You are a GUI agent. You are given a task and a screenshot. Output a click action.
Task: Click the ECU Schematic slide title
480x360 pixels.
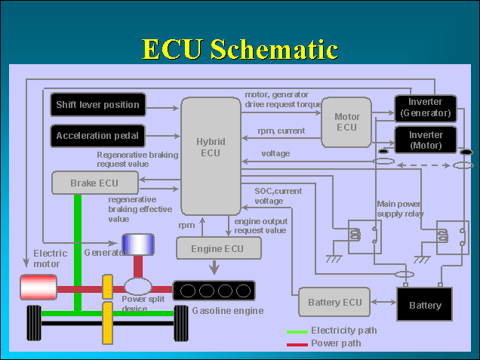[x=239, y=49]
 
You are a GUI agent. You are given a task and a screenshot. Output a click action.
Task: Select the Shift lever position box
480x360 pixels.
[x=97, y=105]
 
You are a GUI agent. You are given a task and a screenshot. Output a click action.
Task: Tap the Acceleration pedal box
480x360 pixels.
[x=97, y=136]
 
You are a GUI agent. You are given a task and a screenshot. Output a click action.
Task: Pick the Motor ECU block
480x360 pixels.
[x=346, y=122]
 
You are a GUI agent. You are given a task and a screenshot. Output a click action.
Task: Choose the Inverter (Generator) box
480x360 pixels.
[x=426, y=108]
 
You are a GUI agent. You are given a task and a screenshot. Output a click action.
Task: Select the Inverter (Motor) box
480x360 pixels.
[x=426, y=140]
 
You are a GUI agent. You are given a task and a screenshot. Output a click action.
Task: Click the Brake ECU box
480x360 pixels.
[x=94, y=183]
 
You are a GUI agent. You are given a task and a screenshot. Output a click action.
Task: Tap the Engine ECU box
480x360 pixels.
[x=219, y=248]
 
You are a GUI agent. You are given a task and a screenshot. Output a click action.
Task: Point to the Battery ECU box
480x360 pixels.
[x=335, y=303]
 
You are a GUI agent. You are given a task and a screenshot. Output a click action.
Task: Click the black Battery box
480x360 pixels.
[x=425, y=305]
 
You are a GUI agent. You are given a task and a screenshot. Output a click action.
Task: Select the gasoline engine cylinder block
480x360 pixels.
[x=214, y=291]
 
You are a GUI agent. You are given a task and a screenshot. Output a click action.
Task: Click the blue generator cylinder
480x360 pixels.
[x=139, y=245]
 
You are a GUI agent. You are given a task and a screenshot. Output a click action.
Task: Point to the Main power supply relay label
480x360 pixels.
[x=400, y=208]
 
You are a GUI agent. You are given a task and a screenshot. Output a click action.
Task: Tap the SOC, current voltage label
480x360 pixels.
[x=278, y=196]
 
